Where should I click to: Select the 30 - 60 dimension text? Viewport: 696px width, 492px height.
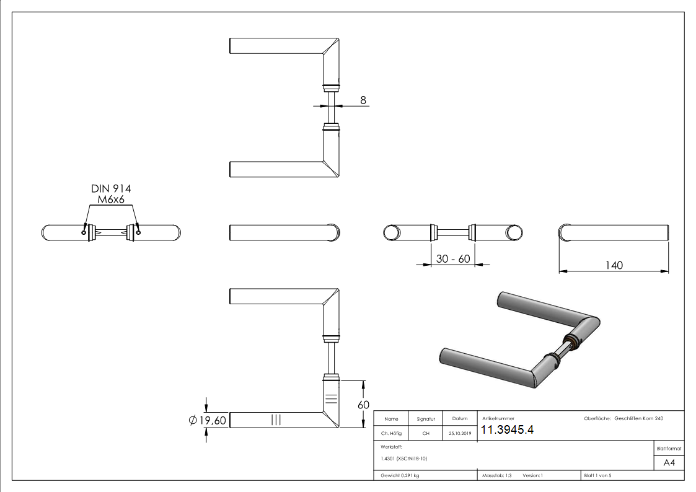tap(452, 259)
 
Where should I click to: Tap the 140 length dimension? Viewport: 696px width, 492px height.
tap(614, 265)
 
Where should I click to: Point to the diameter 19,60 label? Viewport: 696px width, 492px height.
tap(208, 421)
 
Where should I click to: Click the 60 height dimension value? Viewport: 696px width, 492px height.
tap(363, 405)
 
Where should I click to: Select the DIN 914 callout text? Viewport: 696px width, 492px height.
tap(112, 188)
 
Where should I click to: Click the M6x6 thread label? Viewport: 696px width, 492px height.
tap(112, 200)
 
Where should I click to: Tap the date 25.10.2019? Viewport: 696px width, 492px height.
tap(460, 434)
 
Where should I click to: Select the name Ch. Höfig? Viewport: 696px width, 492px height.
tap(391, 434)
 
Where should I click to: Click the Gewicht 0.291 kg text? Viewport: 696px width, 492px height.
tap(400, 476)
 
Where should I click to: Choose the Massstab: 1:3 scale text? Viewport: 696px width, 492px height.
tap(496, 476)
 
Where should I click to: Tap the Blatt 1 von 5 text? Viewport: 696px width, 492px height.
tap(597, 476)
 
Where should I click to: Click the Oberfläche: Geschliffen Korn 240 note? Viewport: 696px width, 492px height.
tap(623, 419)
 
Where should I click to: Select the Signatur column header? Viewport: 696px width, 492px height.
tap(426, 419)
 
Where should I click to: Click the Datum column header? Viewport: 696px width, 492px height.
tap(460, 419)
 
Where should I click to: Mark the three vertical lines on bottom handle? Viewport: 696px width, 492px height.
tap(276, 420)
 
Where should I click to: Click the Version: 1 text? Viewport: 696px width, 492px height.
tap(532, 476)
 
